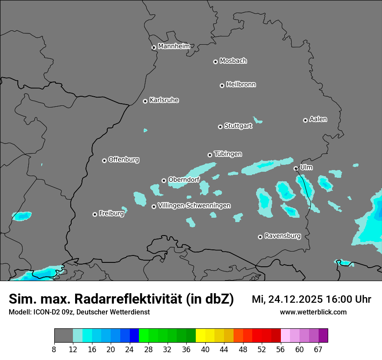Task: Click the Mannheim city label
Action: click(x=174, y=46)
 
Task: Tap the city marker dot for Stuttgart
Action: click(x=220, y=127)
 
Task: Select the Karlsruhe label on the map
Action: click(x=164, y=100)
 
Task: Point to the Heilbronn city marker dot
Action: click(x=222, y=85)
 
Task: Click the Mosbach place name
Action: click(x=233, y=61)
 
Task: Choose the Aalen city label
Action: click(x=318, y=119)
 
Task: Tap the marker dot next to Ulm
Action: click(x=296, y=168)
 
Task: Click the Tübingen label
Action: click(x=228, y=154)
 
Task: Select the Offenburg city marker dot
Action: click(x=104, y=160)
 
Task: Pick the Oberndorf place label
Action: click(x=184, y=180)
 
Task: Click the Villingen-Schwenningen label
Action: click(x=194, y=206)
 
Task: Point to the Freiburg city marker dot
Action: click(x=95, y=214)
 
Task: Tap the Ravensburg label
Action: click(x=283, y=236)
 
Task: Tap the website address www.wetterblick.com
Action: click(x=313, y=312)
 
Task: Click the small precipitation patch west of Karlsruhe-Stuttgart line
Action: click(x=145, y=130)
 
